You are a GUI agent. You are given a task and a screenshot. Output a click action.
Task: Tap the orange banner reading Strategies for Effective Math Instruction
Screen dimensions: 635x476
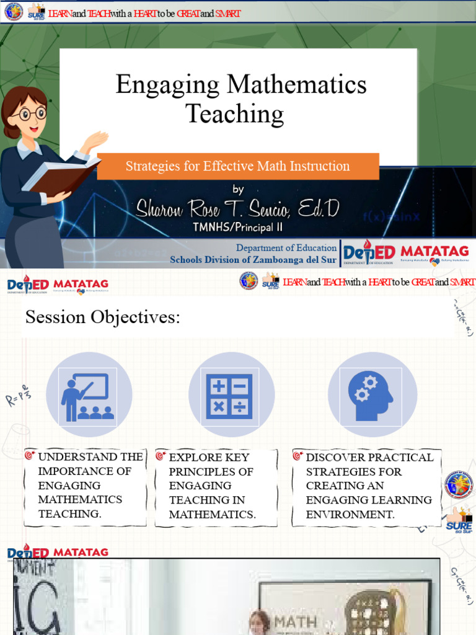point(238,166)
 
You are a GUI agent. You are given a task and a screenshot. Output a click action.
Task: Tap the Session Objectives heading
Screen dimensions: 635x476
point(102,318)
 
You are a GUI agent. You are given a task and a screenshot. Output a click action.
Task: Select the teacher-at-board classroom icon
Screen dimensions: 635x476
point(89,396)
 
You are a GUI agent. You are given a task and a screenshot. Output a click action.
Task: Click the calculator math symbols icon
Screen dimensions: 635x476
point(229,396)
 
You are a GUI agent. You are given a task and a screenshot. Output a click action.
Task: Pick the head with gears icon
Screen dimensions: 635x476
point(371,396)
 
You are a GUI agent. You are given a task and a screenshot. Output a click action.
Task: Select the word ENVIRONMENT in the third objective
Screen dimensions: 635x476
point(350,514)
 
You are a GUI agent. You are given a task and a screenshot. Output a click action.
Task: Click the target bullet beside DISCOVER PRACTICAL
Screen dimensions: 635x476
point(297,456)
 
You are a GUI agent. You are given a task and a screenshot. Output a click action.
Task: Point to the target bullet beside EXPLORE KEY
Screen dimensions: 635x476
point(161,456)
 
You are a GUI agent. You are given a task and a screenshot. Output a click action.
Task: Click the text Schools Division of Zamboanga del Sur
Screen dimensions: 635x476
point(253,260)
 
